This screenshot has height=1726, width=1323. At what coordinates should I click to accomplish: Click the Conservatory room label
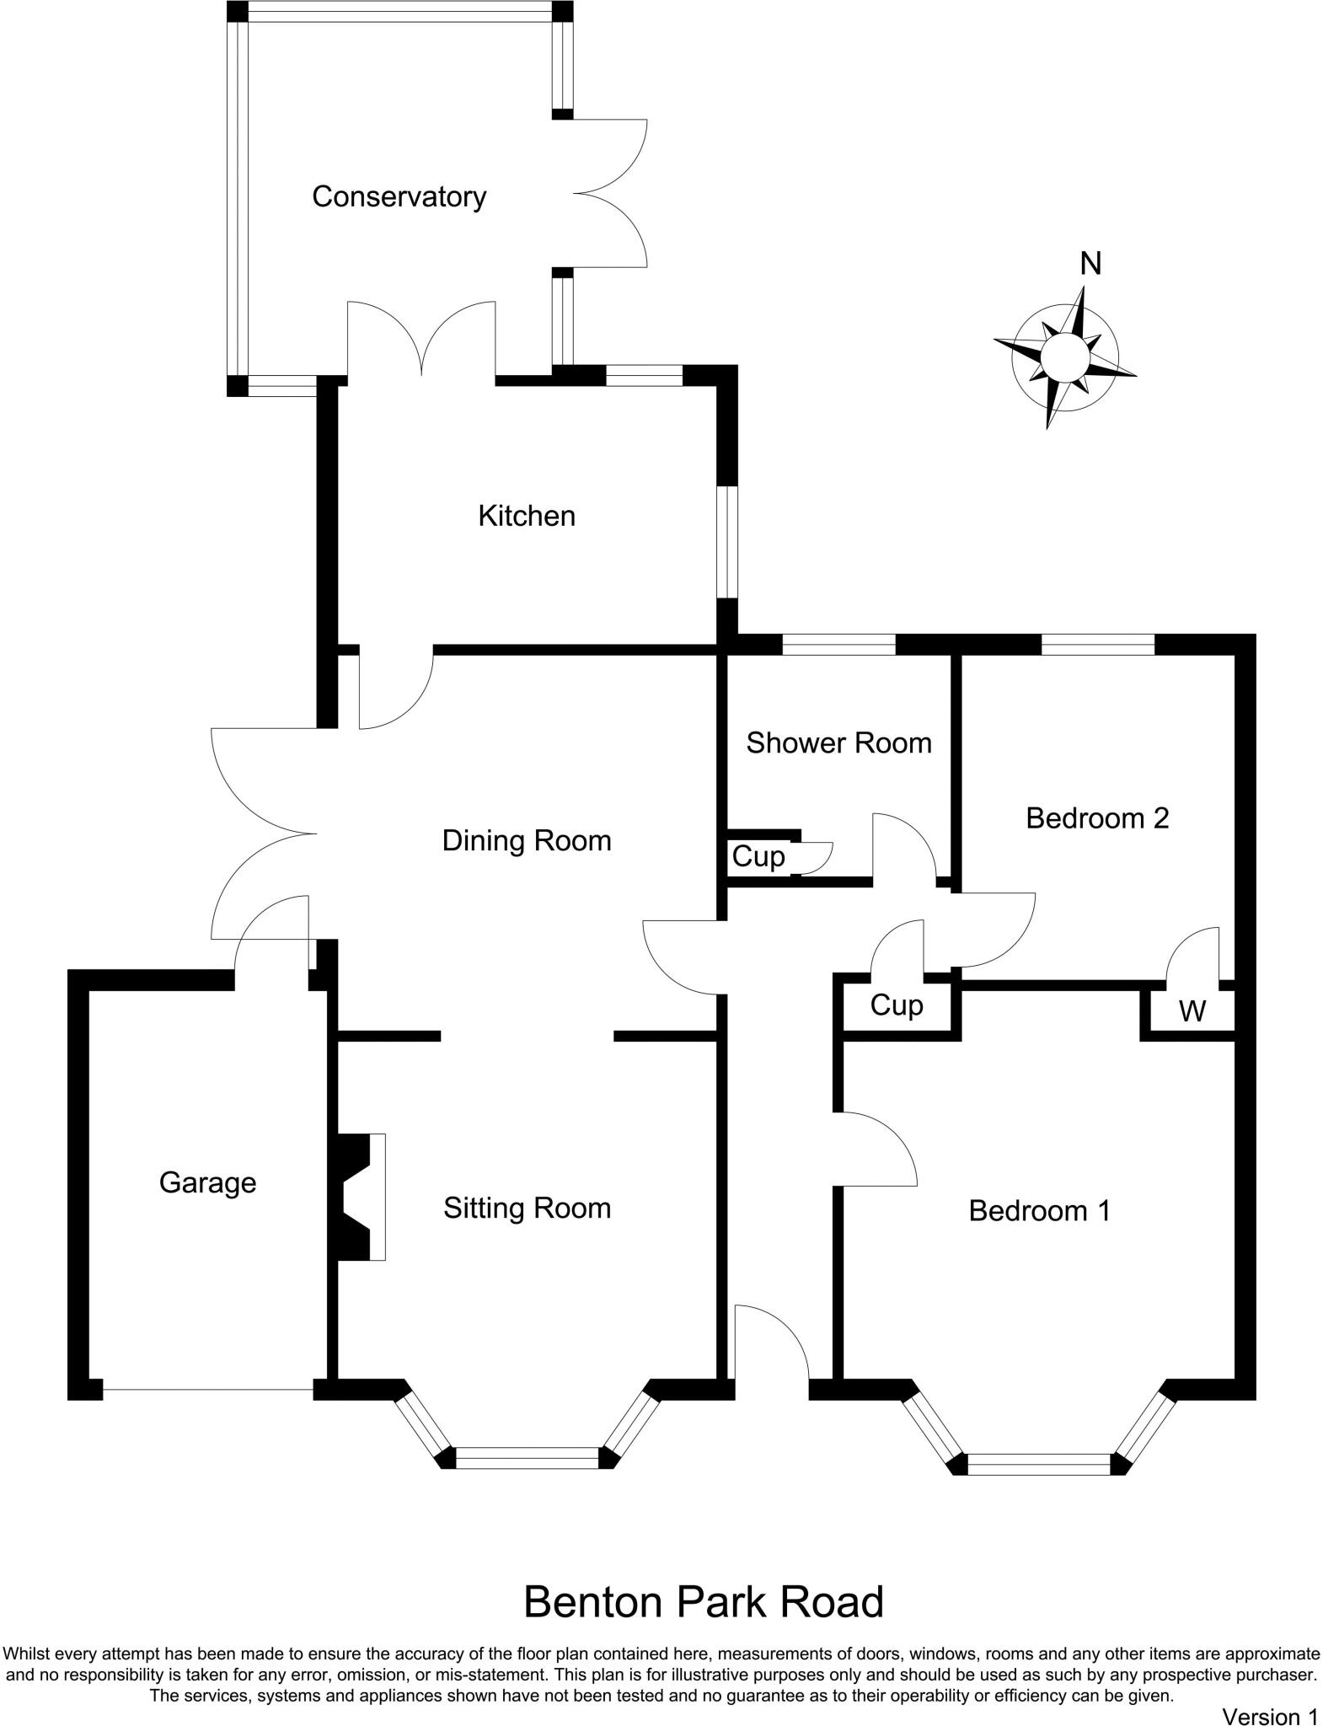[399, 197]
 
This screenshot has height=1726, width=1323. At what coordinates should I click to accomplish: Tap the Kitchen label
[527, 516]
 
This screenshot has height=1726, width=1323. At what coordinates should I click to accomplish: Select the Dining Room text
[527, 841]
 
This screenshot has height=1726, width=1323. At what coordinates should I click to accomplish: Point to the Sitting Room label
[527, 1209]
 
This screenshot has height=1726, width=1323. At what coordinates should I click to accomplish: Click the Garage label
[207, 1183]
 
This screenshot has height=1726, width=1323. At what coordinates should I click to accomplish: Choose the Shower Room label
[838, 743]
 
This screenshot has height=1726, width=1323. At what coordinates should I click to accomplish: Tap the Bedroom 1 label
[1039, 1211]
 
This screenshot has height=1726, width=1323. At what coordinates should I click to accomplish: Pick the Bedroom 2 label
[1097, 818]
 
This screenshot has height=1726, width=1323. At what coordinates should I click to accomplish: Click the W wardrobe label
[1192, 1011]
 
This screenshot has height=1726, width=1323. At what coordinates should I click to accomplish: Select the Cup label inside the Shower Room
[758, 857]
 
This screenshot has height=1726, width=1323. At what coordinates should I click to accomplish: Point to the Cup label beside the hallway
[897, 1005]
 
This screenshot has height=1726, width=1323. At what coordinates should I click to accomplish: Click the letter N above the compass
[1090, 265]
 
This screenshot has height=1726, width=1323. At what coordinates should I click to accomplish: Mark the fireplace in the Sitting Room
[361, 1197]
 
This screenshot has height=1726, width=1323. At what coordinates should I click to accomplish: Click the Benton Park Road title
[704, 1602]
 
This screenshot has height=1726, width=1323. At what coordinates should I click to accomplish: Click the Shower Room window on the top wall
[838, 645]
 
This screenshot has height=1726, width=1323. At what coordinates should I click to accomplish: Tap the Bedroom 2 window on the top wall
[1097, 645]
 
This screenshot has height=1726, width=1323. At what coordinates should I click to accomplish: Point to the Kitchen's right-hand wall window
[728, 542]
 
